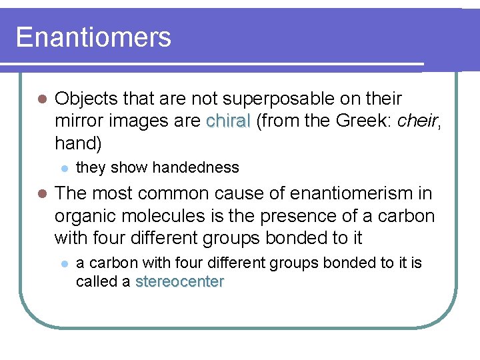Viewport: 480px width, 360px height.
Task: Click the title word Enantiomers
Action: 93,37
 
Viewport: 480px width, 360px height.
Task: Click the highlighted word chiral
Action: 229,121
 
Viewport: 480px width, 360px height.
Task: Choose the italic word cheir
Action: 418,121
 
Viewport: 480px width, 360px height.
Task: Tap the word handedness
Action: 196,167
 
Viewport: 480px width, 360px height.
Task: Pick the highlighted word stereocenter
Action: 179,282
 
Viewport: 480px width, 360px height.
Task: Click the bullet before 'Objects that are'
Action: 41,99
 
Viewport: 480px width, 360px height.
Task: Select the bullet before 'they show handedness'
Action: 63,168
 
